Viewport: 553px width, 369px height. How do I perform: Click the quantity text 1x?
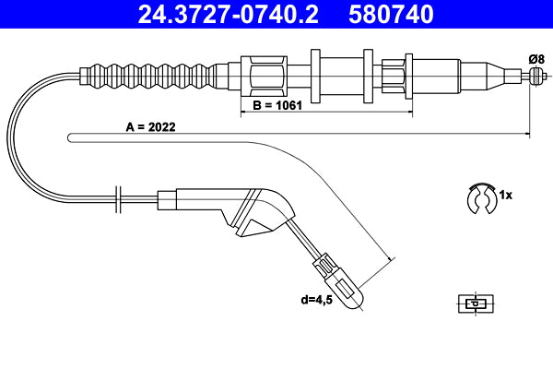click(505, 196)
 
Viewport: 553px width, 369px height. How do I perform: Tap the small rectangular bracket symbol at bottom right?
click(474, 302)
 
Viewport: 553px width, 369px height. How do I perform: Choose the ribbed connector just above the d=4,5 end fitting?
click(327, 265)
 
